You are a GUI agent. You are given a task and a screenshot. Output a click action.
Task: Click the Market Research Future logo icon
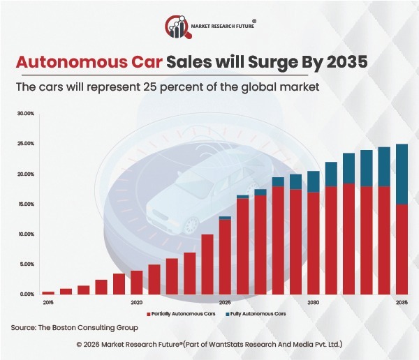tap(177, 27)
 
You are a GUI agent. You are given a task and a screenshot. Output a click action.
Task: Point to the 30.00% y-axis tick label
tap(25, 113)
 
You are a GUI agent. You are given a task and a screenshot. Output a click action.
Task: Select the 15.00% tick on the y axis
tap(25, 204)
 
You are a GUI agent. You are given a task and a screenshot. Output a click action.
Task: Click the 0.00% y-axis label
tap(27, 294)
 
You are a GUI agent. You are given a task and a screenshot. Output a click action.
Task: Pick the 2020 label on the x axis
tap(137, 303)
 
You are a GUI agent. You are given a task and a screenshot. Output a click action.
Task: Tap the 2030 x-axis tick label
tap(314, 303)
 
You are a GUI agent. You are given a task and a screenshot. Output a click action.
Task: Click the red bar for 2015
tap(48, 292)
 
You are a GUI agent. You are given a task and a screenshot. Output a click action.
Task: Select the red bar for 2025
tap(225, 257)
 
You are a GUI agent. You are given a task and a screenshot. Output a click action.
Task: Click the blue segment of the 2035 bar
tap(402, 174)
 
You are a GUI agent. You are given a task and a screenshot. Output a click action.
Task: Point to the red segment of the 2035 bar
tap(402, 249)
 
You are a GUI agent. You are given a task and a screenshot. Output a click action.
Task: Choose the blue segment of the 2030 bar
tap(314, 181)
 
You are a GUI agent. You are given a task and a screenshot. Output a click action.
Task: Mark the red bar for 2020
tap(137, 282)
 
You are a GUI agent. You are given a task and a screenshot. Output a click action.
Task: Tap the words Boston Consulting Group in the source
tap(99, 327)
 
